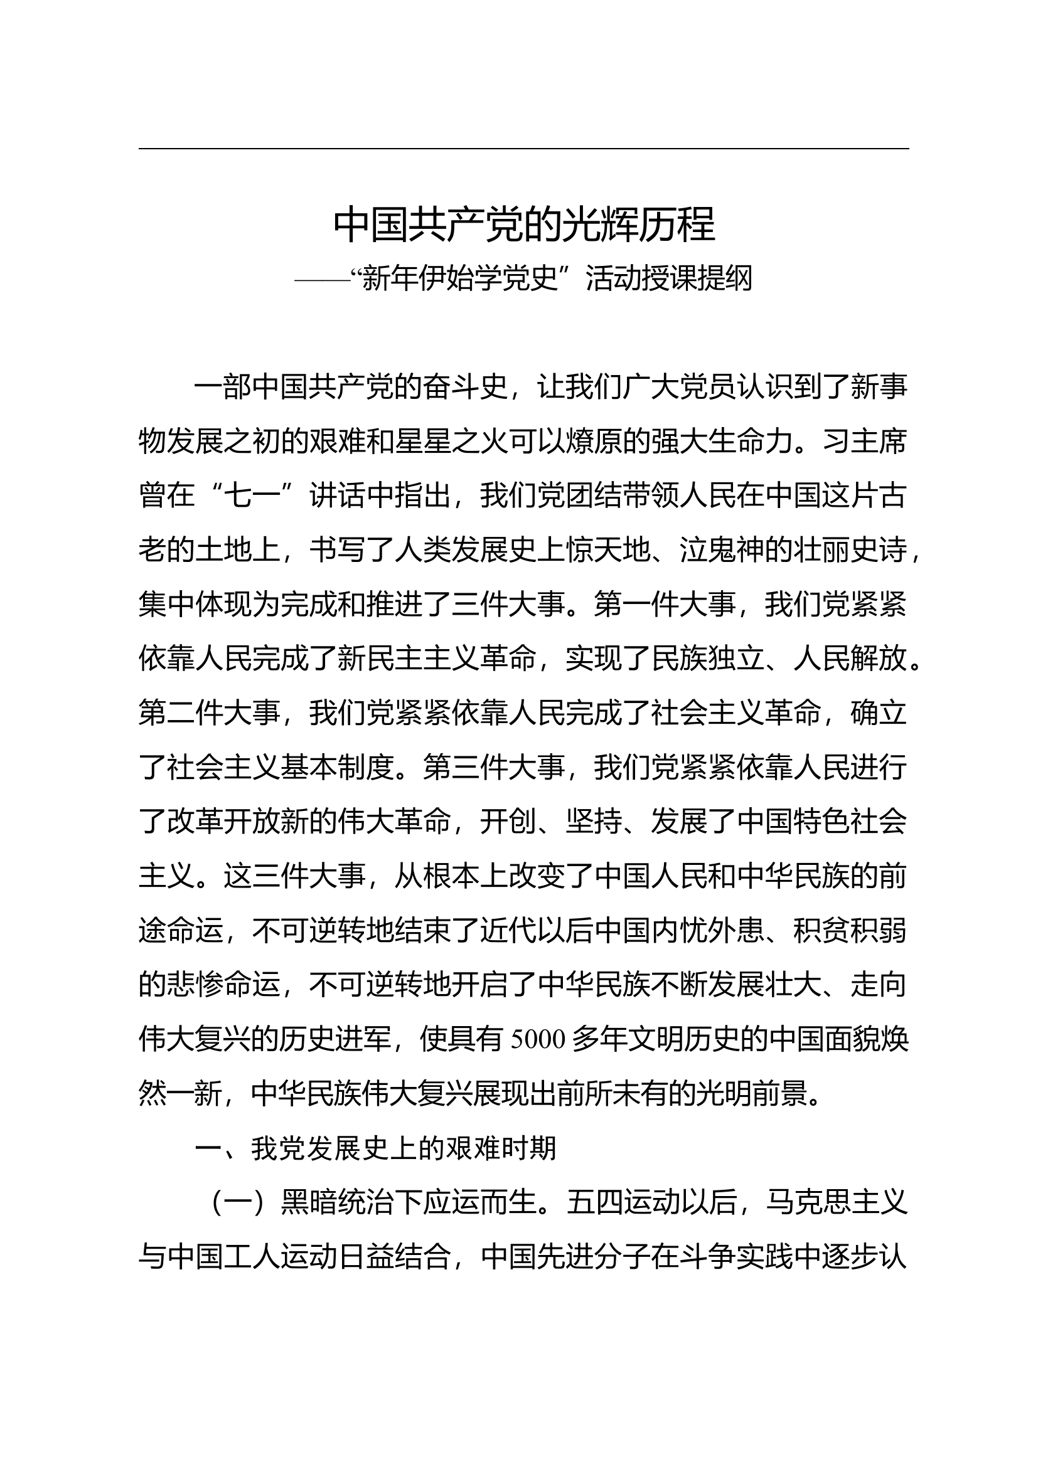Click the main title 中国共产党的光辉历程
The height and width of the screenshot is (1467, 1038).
click(524, 225)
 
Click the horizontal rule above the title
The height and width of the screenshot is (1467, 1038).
click(524, 149)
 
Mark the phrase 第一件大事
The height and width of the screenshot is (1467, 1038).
click(665, 605)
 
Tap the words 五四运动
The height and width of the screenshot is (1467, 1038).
click(623, 1203)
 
